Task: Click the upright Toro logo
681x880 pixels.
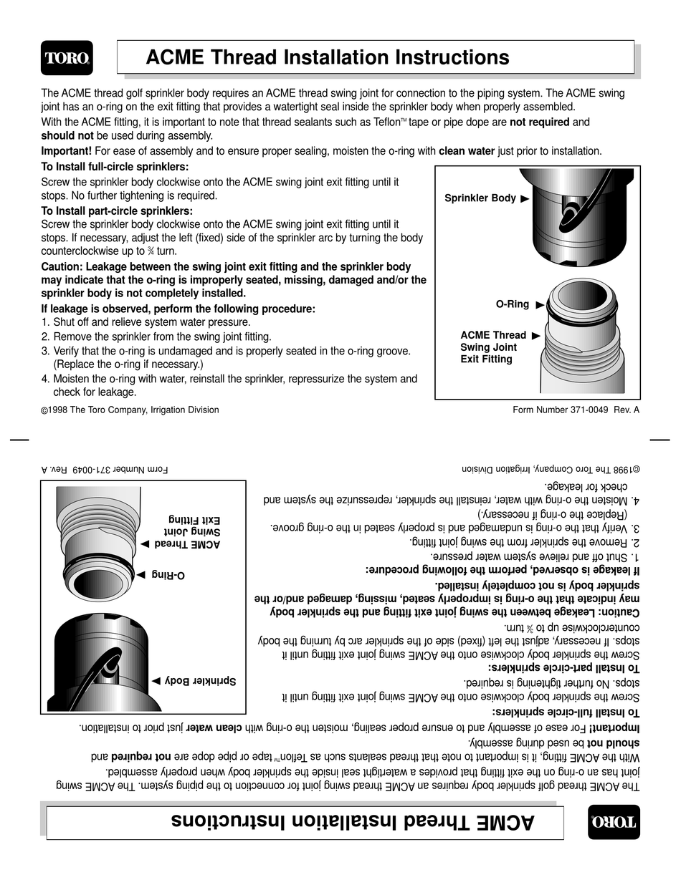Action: point(67,58)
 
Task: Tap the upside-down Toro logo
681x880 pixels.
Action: point(613,822)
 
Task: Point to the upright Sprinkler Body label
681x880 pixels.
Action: point(480,198)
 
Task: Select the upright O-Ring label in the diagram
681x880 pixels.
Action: point(512,304)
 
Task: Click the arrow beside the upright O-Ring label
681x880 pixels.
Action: point(540,305)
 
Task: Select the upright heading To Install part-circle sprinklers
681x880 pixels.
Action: point(117,211)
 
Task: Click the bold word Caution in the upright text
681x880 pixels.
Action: point(63,266)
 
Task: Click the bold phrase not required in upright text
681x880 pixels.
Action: point(539,122)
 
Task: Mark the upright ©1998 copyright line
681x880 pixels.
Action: point(130,410)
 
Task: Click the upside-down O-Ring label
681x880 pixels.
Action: point(169,575)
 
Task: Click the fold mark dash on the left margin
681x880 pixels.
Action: point(19,440)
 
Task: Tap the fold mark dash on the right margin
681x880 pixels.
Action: point(659,440)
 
